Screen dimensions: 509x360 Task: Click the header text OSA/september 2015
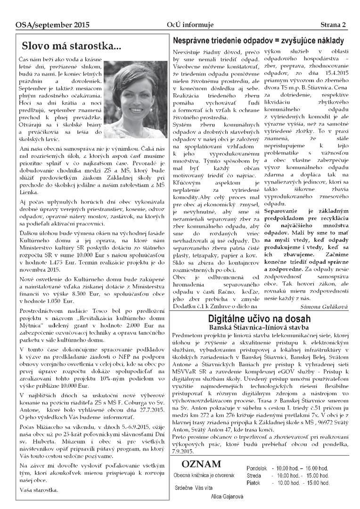[x=45, y=25]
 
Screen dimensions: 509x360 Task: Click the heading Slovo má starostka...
[x=71, y=46]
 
